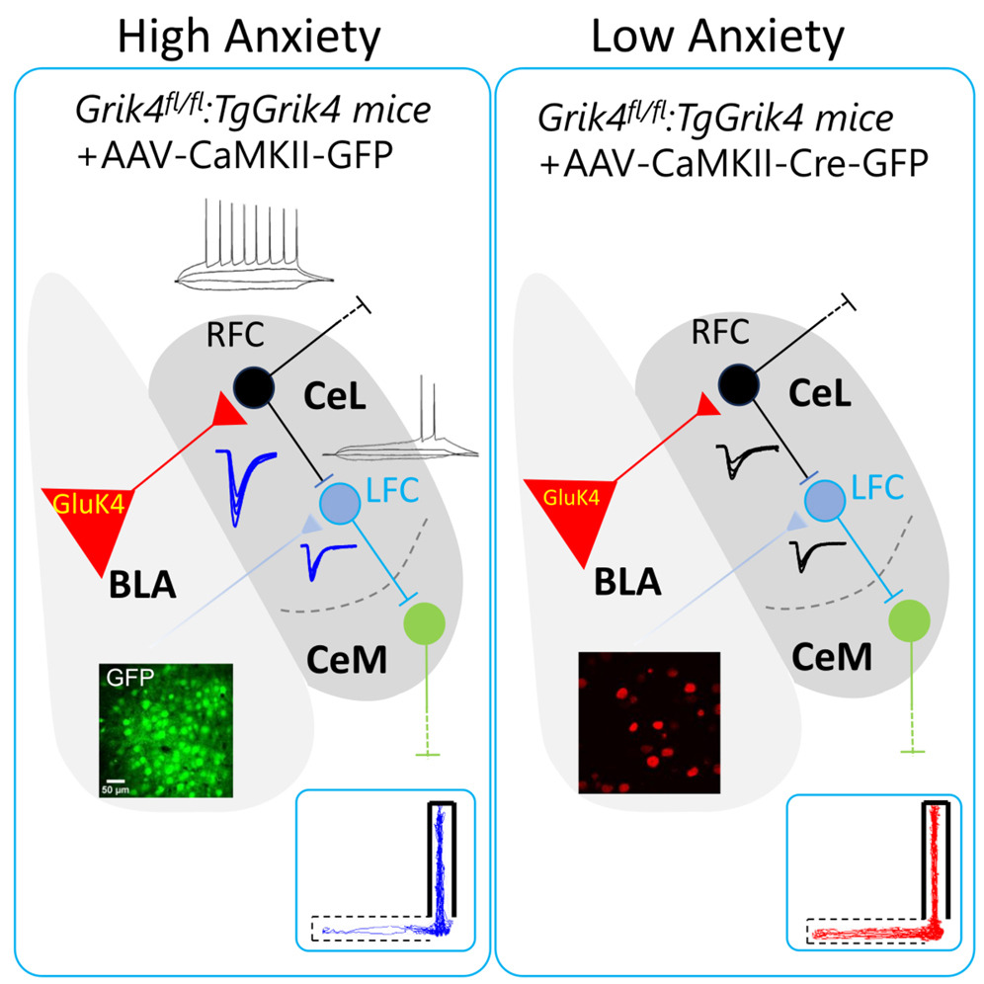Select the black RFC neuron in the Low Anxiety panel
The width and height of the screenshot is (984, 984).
click(739, 381)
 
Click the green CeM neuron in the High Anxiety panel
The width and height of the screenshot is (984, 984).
click(425, 623)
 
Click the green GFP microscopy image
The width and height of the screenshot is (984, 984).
click(166, 729)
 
